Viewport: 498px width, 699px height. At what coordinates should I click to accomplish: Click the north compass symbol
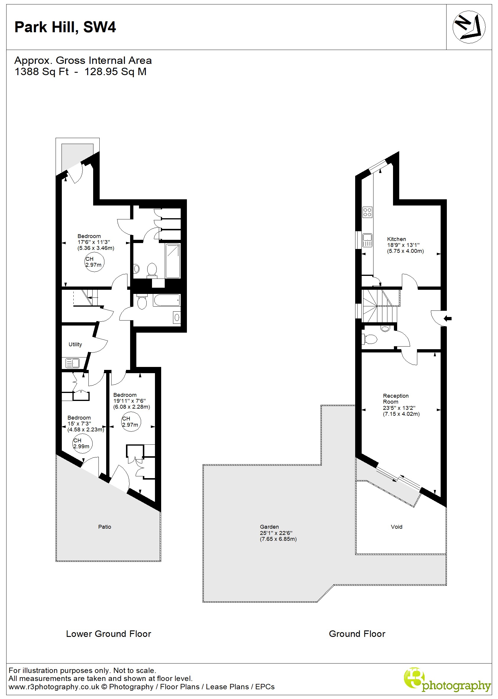[x=468, y=27]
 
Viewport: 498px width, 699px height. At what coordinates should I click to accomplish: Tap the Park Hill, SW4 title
[x=65, y=27]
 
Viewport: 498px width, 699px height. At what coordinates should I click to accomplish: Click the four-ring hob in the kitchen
[x=367, y=212]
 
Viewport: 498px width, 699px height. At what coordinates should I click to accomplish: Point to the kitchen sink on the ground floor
[x=367, y=240]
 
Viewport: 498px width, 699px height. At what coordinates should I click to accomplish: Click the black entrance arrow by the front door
[x=448, y=318]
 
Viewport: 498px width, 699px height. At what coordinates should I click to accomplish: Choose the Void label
[x=396, y=527]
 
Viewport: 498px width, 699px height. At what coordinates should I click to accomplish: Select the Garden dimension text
[x=278, y=536]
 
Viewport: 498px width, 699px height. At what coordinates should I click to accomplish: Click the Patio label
[x=105, y=527]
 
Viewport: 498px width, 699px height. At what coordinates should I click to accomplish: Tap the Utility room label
[x=75, y=344]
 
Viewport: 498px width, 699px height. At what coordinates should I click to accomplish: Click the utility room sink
[x=72, y=363]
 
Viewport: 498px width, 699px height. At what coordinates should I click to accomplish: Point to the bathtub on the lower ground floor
[x=166, y=300]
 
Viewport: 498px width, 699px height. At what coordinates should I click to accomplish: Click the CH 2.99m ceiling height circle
[x=82, y=443]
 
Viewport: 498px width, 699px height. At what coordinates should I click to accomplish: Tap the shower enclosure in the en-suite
[x=173, y=260]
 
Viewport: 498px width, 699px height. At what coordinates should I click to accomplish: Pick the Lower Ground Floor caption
[x=109, y=634]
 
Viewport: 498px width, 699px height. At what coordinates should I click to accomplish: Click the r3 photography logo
[x=447, y=680]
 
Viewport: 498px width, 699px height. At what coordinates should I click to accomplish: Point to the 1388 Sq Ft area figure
[x=42, y=72]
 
